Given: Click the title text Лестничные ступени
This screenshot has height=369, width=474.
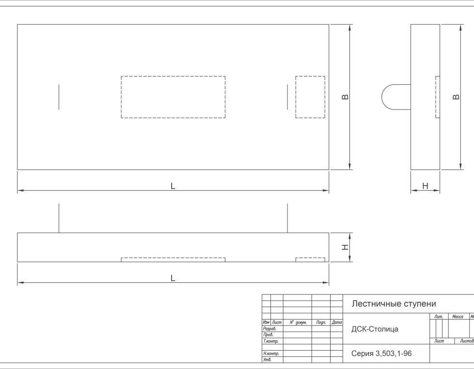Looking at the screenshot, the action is coord(394,304).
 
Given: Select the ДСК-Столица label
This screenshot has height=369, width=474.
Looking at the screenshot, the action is coord(375,329).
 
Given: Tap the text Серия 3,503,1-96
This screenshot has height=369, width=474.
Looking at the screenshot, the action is coord(381,354).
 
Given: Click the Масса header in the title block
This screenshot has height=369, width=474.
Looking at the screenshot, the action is coord(458,316).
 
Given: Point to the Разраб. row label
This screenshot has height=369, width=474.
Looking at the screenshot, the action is coord(269,328).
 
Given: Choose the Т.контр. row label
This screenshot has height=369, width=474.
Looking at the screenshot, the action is coord(270,341).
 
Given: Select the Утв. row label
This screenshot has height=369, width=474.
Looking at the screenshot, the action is coord(267,360).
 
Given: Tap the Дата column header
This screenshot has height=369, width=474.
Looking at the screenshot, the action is coord(336,323).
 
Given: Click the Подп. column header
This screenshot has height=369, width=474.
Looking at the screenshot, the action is coord(321,323).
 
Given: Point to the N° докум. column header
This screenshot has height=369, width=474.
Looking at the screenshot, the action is coord(298,323).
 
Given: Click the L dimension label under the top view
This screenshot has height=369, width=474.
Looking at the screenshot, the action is coord(173,186).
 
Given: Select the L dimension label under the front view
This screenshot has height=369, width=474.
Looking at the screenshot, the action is coord(173,278).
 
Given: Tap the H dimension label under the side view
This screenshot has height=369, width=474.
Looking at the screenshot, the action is coord(425,186).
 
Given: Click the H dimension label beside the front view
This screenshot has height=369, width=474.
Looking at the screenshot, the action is coord(345,247).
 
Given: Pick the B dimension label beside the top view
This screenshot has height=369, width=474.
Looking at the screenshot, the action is coord(345,97).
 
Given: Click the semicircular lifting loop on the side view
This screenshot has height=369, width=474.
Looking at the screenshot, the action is coord(382,97).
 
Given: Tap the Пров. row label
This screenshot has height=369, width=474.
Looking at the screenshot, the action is coord(268,335).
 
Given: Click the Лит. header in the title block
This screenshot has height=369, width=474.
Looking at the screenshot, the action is coord(438,316).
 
